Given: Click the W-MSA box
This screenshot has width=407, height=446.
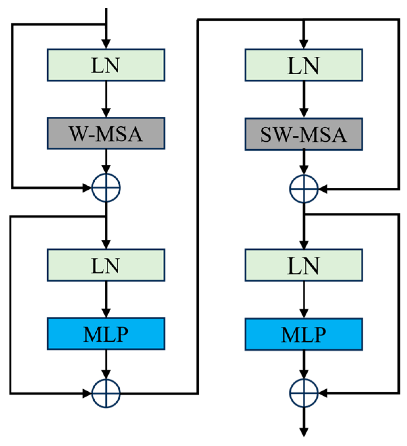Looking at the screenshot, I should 106,133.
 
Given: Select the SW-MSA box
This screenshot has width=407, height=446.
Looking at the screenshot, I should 304,134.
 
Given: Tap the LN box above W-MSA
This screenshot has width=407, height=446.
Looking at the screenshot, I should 106,65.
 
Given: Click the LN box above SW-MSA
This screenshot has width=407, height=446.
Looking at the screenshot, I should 304,65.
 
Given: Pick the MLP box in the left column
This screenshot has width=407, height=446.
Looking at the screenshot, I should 106,334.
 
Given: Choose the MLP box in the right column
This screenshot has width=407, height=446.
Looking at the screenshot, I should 304,334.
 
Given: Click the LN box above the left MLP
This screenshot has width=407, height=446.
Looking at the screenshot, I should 106,265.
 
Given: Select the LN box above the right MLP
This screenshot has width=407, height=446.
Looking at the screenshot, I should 304,265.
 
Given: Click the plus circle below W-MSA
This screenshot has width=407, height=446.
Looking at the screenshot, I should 106,187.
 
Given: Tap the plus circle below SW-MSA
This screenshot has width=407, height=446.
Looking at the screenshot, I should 304,189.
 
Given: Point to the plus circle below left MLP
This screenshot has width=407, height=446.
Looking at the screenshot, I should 106,393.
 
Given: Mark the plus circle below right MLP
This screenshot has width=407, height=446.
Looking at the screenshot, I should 304,393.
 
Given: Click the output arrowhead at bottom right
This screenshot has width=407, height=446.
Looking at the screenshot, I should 304,432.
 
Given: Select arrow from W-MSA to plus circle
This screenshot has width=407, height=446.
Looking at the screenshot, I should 106,161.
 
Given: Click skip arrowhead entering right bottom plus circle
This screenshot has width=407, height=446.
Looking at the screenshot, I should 323,393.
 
